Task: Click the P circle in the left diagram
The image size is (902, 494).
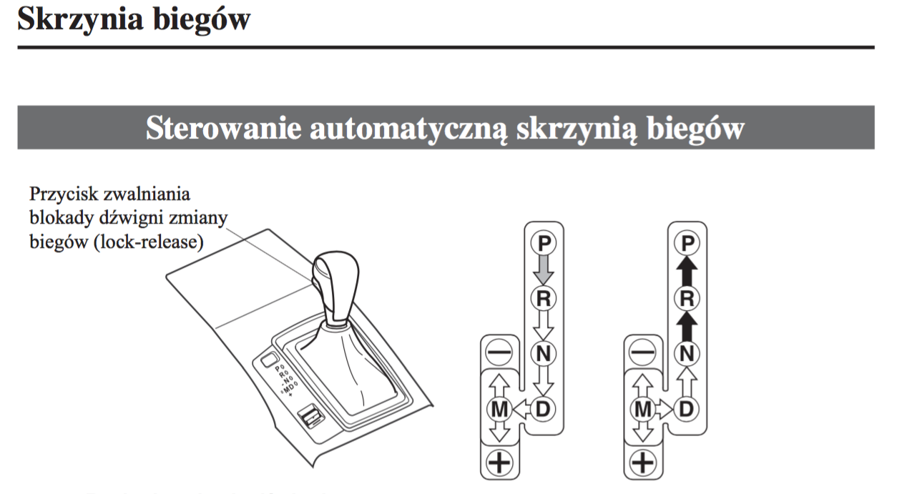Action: pyautogui.click(x=544, y=243)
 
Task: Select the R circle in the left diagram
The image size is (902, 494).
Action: pyautogui.click(x=544, y=298)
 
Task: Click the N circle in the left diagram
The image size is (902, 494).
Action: pyautogui.click(x=544, y=352)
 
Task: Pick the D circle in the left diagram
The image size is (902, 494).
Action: pyautogui.click(x=544, y=408)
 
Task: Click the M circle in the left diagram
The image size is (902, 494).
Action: pyautogui.click(x=499, y=408)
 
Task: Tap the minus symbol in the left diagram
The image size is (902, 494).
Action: pyautogui.click(x=499, y=352)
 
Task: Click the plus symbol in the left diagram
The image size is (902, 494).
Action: pyautogui.click(x=499, y=463)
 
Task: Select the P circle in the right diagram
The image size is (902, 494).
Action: pyautogui.click(x=687, y=243)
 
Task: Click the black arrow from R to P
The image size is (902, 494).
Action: pyautogui.click(x=687, y=271)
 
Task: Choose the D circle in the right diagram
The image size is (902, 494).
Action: pyautogui.click(x=687, y=408)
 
